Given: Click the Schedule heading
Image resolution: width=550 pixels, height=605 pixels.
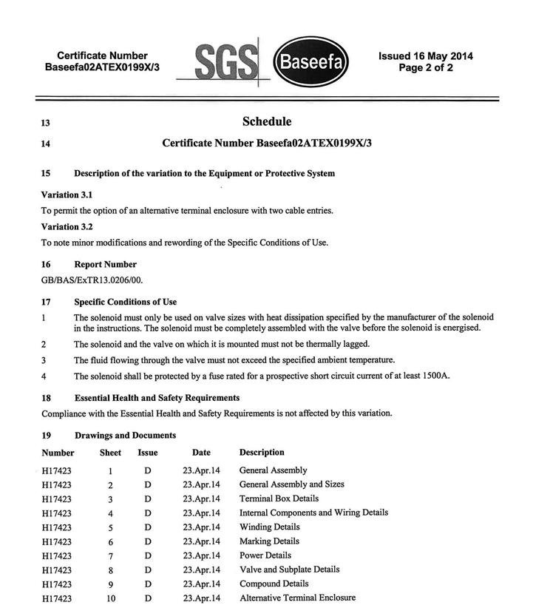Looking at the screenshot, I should tap(267, 122).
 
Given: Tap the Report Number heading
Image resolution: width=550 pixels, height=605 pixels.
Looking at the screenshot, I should tap(105, 264).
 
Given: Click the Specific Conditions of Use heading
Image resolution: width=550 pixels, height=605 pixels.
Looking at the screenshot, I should tap(125, 302).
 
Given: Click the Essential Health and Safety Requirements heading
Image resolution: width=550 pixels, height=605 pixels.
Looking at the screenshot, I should tap(157, 398).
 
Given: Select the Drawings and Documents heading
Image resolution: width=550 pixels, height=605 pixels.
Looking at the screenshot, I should tap(125, 435).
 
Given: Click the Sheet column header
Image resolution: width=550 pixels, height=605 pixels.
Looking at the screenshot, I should tap(110, 453).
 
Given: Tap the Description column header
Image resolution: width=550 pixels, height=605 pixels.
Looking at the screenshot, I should tap(262, 452).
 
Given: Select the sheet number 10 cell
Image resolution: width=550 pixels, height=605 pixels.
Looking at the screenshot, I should tap(110, 598).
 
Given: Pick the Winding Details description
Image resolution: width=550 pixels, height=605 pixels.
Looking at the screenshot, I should tap(269, 527).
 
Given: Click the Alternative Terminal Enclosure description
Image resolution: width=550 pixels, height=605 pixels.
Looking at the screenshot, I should tap(297, 598).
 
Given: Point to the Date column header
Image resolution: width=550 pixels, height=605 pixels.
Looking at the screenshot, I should tap(201, 453).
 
